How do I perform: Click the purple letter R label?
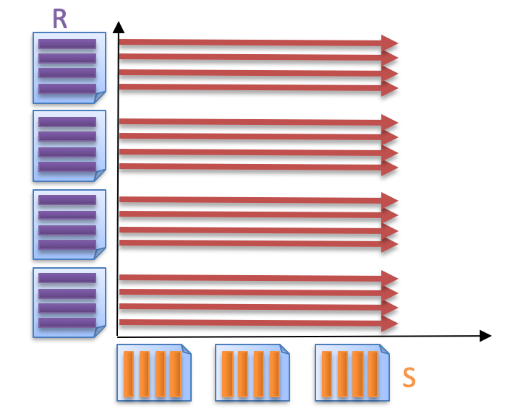(x=60, y=19)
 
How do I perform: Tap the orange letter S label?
(x=409, y=377)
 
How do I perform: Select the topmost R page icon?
(x=69, y=67)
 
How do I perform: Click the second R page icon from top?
(x=69, y=145)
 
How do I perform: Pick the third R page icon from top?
(x=69, y=224)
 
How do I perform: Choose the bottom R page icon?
(x=69, y=302)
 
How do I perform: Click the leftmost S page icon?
(x=153, y=373)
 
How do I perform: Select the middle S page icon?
(x=252, y=373)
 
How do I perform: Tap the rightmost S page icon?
(x=352, y=373)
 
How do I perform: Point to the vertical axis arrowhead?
(x=119, y=27)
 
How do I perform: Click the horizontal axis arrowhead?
(x=486, y=336)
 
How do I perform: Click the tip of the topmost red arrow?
(x=396, y=43)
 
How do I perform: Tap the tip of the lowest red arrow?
(x=396, y=324)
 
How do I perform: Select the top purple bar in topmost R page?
(x=67, y=43)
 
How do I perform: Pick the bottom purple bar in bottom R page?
(x=67, y=323)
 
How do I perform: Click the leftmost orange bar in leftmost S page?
(x=129, y=373)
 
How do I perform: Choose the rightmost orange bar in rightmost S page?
(x=373, y=373)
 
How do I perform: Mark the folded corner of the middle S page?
(x=284, y=349)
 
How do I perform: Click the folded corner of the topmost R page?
(x=100, y=97)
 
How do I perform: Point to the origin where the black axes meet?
(x=118, y=337)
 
